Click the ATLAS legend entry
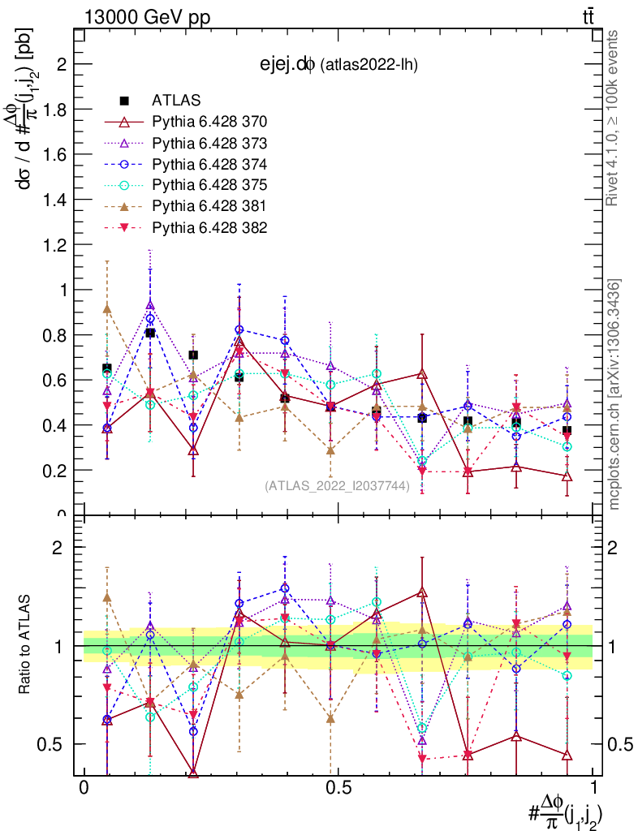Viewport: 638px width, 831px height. tap(170, 101)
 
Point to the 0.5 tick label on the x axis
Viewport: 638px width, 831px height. tap(338, 788)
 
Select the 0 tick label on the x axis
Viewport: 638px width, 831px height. tap(84, 788)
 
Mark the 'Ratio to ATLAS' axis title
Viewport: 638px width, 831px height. tap(26, 646)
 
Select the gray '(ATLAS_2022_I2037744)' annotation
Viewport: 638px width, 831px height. tap(337, 486)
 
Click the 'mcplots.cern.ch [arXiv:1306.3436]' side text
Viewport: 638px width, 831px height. tap(614, 394)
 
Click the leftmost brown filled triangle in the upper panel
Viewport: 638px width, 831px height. tap(107, 308)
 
